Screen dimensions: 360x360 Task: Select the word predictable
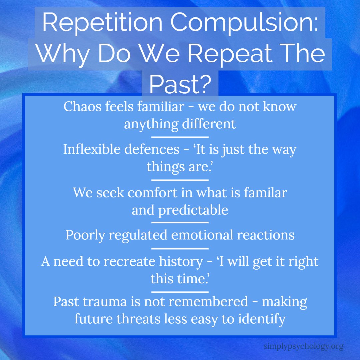click(193, 210)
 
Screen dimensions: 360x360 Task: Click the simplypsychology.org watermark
click(303, 346)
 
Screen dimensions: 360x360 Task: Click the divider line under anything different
click(180, 137)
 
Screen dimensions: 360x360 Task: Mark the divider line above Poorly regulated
click(180, 222)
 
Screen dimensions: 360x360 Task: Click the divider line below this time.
click(180, 292)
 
